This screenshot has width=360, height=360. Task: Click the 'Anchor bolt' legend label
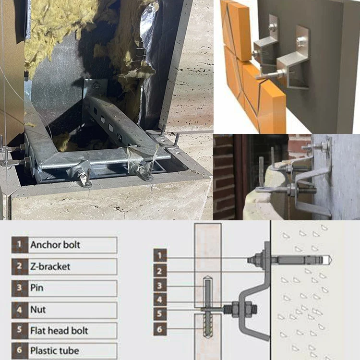point(55,245)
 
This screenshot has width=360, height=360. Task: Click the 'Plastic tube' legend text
point(54,350)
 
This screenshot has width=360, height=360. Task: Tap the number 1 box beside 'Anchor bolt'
point(19,245)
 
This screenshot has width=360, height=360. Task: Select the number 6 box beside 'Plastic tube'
point(19,350)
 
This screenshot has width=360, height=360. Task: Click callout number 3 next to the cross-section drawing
point(160,287)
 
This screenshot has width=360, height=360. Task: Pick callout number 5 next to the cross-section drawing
point(160,315)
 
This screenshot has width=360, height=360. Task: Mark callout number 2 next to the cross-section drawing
point(160,271)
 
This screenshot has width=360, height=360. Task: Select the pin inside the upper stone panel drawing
point(207,290)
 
